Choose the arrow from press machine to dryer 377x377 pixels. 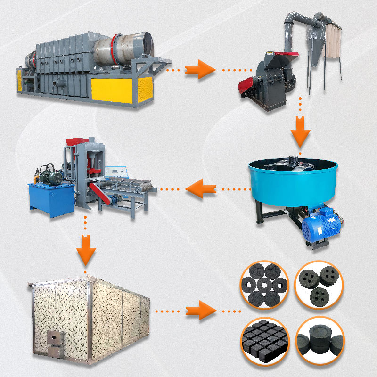pos(85,247)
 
